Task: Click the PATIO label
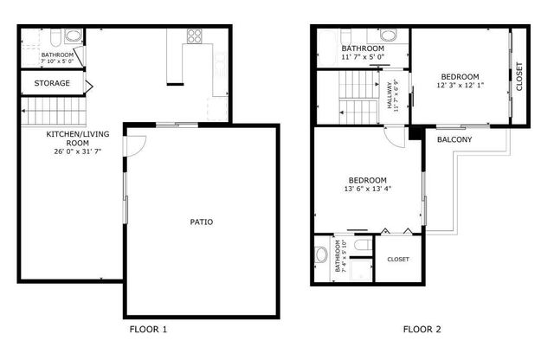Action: [202, 222]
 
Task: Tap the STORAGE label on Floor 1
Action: [53, 84]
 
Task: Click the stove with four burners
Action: [195, 37]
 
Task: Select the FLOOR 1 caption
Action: [148, 329]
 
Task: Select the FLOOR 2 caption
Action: [422, 329]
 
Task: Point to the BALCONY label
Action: [454, 139]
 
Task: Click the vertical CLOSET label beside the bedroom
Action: [519, 77]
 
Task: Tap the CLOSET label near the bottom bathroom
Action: [398, 259]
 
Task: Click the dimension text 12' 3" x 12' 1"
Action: [461, 85]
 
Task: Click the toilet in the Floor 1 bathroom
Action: [55, 38]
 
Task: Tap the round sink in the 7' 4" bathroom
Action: [321, 254]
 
